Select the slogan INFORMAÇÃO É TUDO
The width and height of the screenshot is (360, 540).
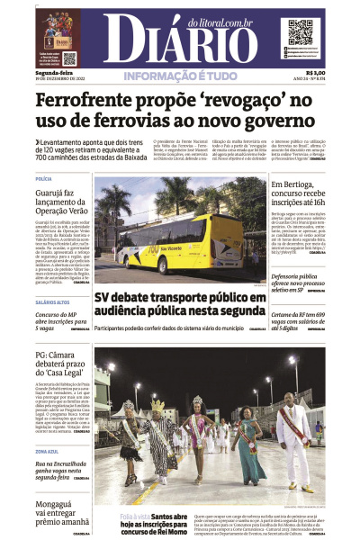point(180,76)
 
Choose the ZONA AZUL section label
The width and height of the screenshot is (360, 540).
point(46,451)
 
